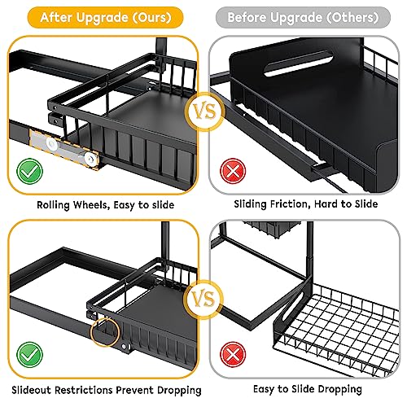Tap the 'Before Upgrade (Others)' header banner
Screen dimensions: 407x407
(x=303, y=16)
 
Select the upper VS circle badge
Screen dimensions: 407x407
(x=203, y=108)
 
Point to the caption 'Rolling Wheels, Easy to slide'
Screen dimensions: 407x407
(x=104, y=203)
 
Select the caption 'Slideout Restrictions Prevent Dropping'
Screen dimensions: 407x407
(x=104, y=389)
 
